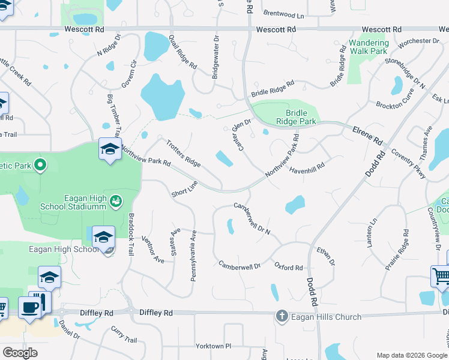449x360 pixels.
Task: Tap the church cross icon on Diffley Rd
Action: (x=282, y=316)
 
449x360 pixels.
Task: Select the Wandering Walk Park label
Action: (x=369, y=47)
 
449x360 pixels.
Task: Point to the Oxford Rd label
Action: (x=289, y=267)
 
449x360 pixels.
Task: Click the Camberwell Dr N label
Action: (x=252, y=218)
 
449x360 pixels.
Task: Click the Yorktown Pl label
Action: (x=213, y=346)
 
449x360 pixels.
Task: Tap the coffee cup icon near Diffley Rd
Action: (x=29, y=308)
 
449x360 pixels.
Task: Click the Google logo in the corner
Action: (x=20, y=353)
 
